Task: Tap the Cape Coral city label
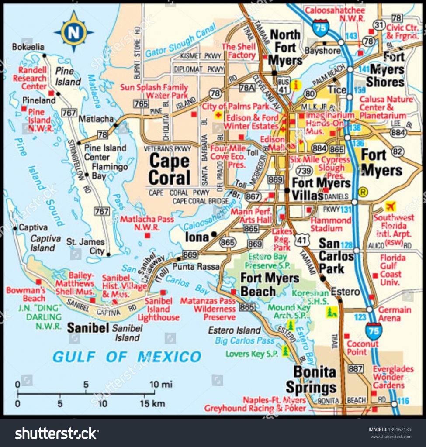[x=170, y=169]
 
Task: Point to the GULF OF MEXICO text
[x=127, y=357]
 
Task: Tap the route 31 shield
[x=379, y=26]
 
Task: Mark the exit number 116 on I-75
[x=403, y=401]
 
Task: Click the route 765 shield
[x=141, y=104]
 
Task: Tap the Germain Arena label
[x=395, y=314]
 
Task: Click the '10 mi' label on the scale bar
[x=161, y=385]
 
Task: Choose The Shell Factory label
[x=239, y=51]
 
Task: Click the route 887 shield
[x=356, y=369]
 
